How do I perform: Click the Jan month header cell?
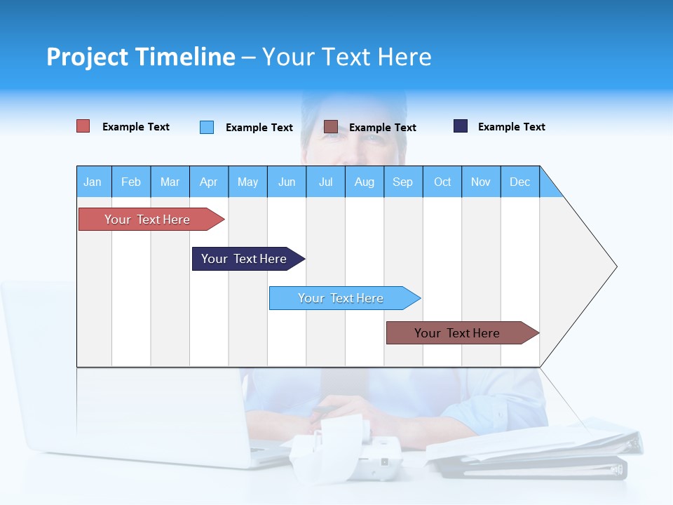tap(93, 182)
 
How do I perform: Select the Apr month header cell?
tap(209, 182)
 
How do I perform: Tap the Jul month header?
tap(325, 182)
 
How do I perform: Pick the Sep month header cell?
tap(403, 182)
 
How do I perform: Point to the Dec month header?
tap(519, 182)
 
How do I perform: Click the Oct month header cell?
tap(442, 182)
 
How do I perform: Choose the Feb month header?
tap(131, 182)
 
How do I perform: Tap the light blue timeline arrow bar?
tap(341, 298)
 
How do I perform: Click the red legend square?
tap(83, 126)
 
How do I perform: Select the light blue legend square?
tap(207, 127)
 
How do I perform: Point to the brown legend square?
tap(331, 127)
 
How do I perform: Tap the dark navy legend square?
tap(461, 126)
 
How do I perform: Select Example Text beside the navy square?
tap(511, 127)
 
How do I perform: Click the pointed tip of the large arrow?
tap(615, 267)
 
